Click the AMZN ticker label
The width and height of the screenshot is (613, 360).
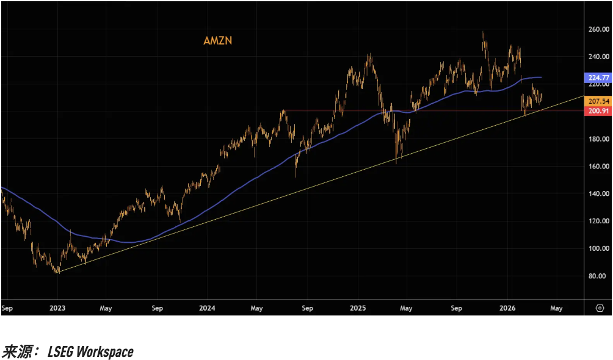[218, 41]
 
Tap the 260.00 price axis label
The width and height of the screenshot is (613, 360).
[598, 29]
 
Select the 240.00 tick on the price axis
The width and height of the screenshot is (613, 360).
[598, 56]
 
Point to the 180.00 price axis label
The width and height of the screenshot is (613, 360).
[598, 139]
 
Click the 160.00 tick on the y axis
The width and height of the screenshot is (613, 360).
[598, 167]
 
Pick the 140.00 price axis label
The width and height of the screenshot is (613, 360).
[598, 194]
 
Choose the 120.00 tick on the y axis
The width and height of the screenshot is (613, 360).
[598, 221]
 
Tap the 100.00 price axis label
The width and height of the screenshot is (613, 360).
[598, 249]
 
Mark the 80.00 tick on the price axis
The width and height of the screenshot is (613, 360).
[598, 276]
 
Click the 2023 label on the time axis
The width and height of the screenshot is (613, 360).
[57, 308]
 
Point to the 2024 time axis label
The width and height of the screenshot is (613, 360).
[206, 308]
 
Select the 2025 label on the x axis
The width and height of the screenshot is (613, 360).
[358, 308]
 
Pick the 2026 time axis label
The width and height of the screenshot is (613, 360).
[508, 308]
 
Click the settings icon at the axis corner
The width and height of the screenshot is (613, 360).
[599, 308]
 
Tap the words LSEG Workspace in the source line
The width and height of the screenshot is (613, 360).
[90, 351]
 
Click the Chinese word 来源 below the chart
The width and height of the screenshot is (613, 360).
[17, 351]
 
